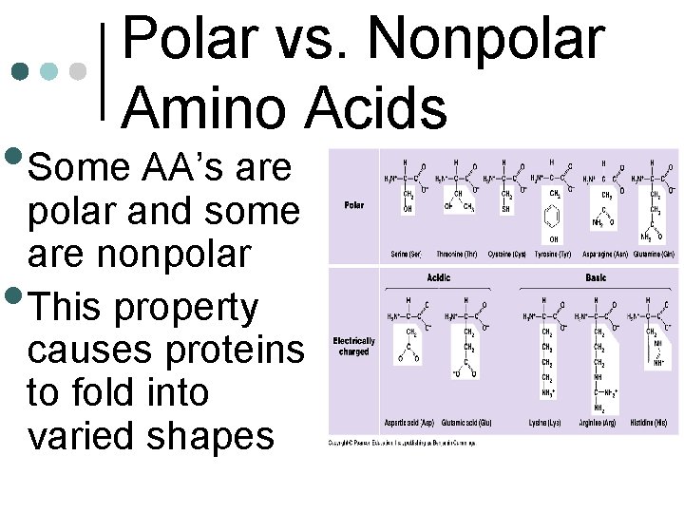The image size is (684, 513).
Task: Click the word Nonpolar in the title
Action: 485,40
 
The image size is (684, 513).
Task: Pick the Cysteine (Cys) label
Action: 506,255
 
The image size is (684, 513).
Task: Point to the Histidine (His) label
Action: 648,422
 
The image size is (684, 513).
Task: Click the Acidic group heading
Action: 439,278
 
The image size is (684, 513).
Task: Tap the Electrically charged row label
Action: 353,345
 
